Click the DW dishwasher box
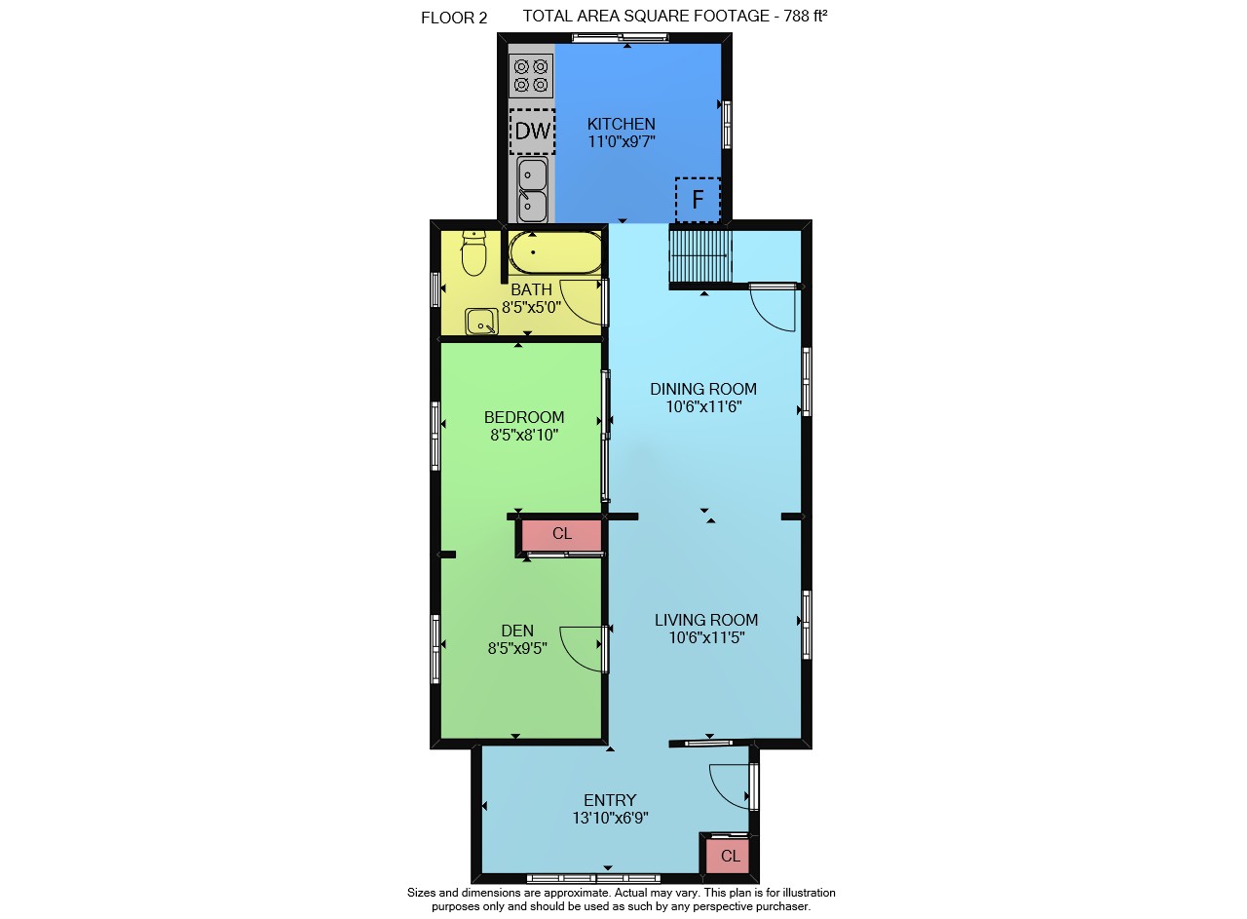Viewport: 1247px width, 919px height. [x=533, y=132]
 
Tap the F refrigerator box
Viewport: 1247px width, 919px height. [x=699, y=200]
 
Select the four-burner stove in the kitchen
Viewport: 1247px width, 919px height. [x=531, y=76]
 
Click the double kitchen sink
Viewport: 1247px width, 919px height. [x=532, y=189]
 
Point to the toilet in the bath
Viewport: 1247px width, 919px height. [x=473, y=253]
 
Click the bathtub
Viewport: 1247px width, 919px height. [x=556, y=252]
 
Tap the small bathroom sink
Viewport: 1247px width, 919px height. [x=481, y=322]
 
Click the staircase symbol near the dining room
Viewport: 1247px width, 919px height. [x=700, y=256]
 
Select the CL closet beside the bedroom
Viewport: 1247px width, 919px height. [x=562, y=534]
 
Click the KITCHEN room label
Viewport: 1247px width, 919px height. [x=622, y=124]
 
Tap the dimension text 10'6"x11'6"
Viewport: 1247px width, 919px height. [x=704, y=406]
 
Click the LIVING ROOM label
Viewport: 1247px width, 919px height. [x=706, y=620]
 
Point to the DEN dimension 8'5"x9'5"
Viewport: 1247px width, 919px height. [x=517, y=648]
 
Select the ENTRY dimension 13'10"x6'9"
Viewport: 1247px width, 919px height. [x=610, y=818]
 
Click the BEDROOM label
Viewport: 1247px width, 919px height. [x=524, y=417]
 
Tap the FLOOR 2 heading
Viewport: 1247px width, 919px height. [x=454, y=19]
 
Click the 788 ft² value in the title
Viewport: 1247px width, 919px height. [x=806, y=16]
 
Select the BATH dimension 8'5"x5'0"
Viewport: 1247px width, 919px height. [x=532, y=307]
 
